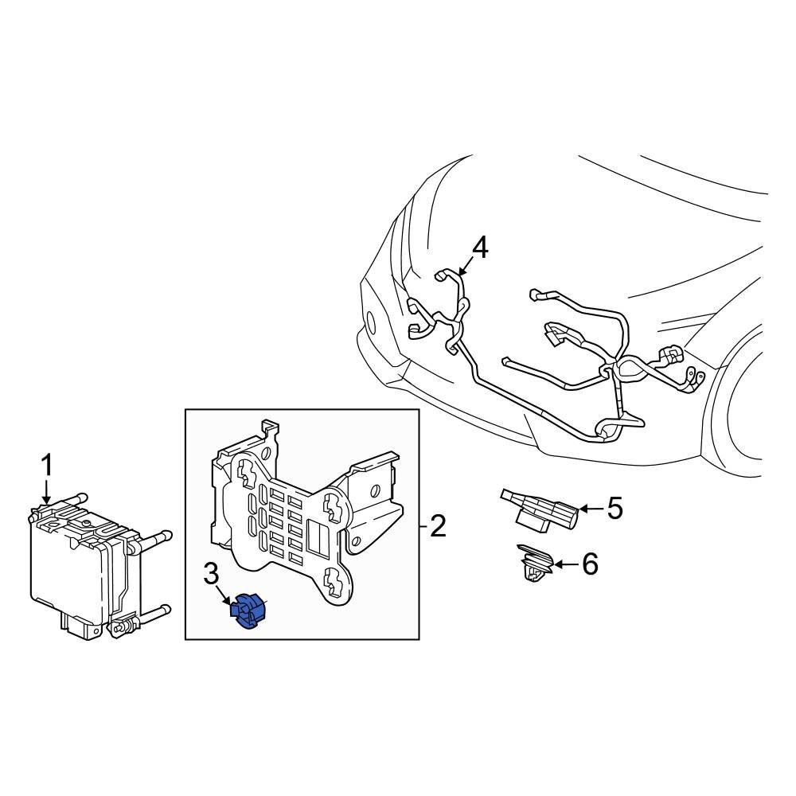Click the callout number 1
(47, 466)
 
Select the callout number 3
(211, 575)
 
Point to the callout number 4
(480, 248)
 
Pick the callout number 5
(615, 508)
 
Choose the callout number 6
(590, 564)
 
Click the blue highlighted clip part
(248, 611)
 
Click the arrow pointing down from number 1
(47, 491)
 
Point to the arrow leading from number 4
(465, 267)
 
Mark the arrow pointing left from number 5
(590, 508)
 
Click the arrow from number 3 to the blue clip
(224, 595)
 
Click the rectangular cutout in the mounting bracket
(319, 538)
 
